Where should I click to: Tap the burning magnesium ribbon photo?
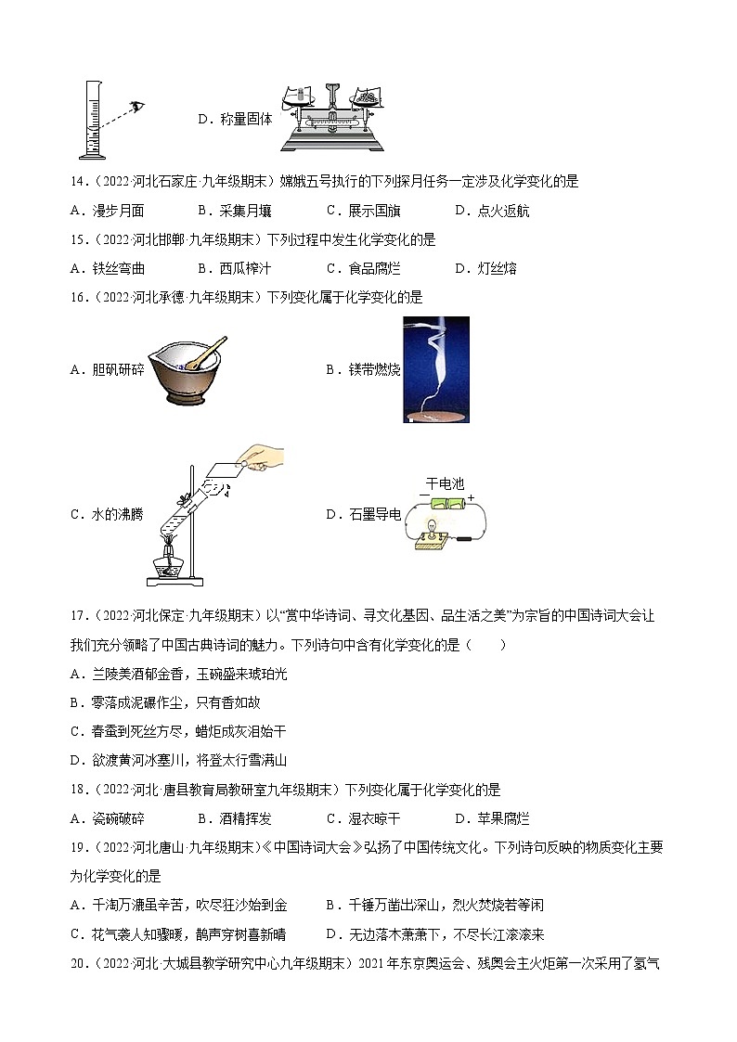click(x=436, y=369)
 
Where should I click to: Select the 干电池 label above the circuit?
click(x=444, y=484)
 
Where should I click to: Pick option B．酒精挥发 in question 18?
click(x=235, y=818)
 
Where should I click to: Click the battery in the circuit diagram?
click(x=447, y=505)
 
